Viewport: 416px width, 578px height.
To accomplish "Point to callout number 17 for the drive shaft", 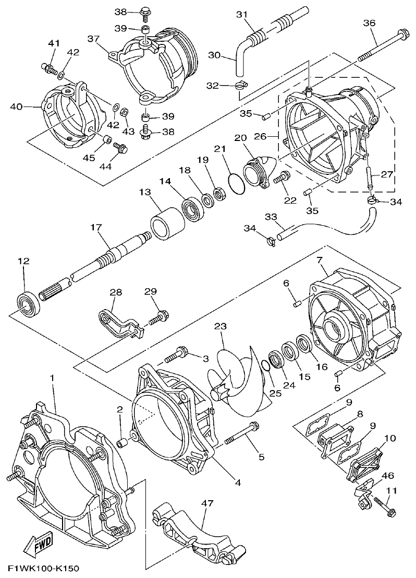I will (x=95, y=228).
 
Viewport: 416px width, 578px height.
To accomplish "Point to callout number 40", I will (x=17, y=107).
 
